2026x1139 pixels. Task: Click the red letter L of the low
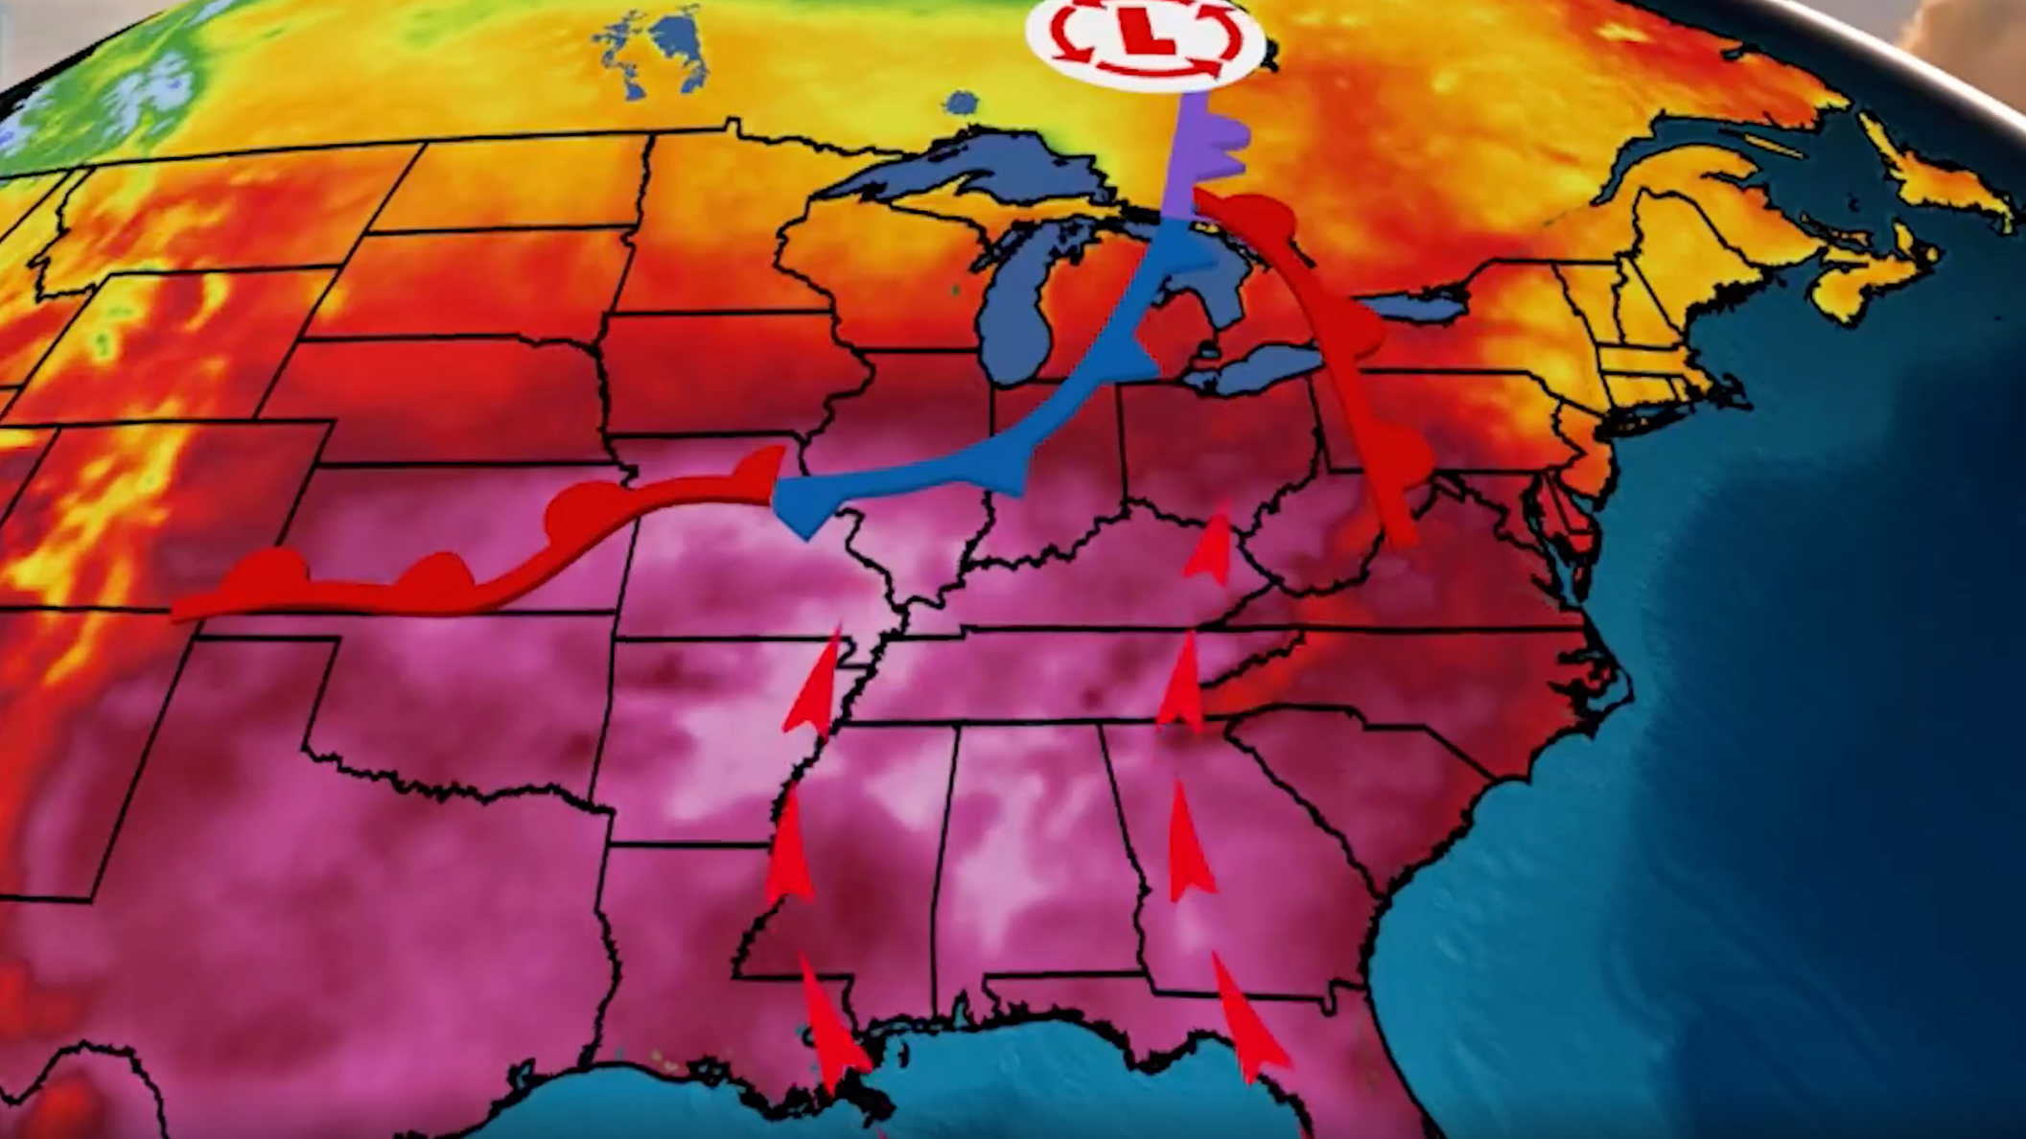click(1148, 35)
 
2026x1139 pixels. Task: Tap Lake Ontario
click(1409, 307)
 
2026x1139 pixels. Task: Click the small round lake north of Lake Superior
click(960, 104)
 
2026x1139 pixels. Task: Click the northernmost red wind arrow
click(1213, 542)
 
